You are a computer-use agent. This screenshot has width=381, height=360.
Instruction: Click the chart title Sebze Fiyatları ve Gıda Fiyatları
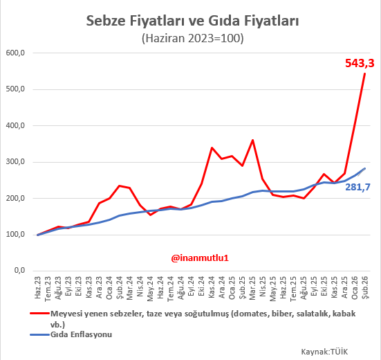point(192,21)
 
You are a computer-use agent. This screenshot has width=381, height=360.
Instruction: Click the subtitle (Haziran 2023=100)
point(192,39)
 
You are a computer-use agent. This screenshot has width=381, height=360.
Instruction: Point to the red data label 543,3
point(360,64)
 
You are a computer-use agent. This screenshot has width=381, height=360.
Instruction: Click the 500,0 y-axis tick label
point(15,89)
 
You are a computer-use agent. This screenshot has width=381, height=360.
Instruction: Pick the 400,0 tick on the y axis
point(15,126)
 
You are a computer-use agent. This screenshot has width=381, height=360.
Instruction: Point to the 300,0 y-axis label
point(15,162)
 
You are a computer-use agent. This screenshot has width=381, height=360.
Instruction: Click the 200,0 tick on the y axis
point(15,199)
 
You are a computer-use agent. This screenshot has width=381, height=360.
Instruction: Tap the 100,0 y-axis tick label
point(15,235)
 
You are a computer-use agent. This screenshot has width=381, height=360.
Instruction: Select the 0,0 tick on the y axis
point(18,271)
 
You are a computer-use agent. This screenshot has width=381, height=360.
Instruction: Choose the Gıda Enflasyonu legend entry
point(82,334)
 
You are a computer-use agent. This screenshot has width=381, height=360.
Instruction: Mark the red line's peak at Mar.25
point(252,141)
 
